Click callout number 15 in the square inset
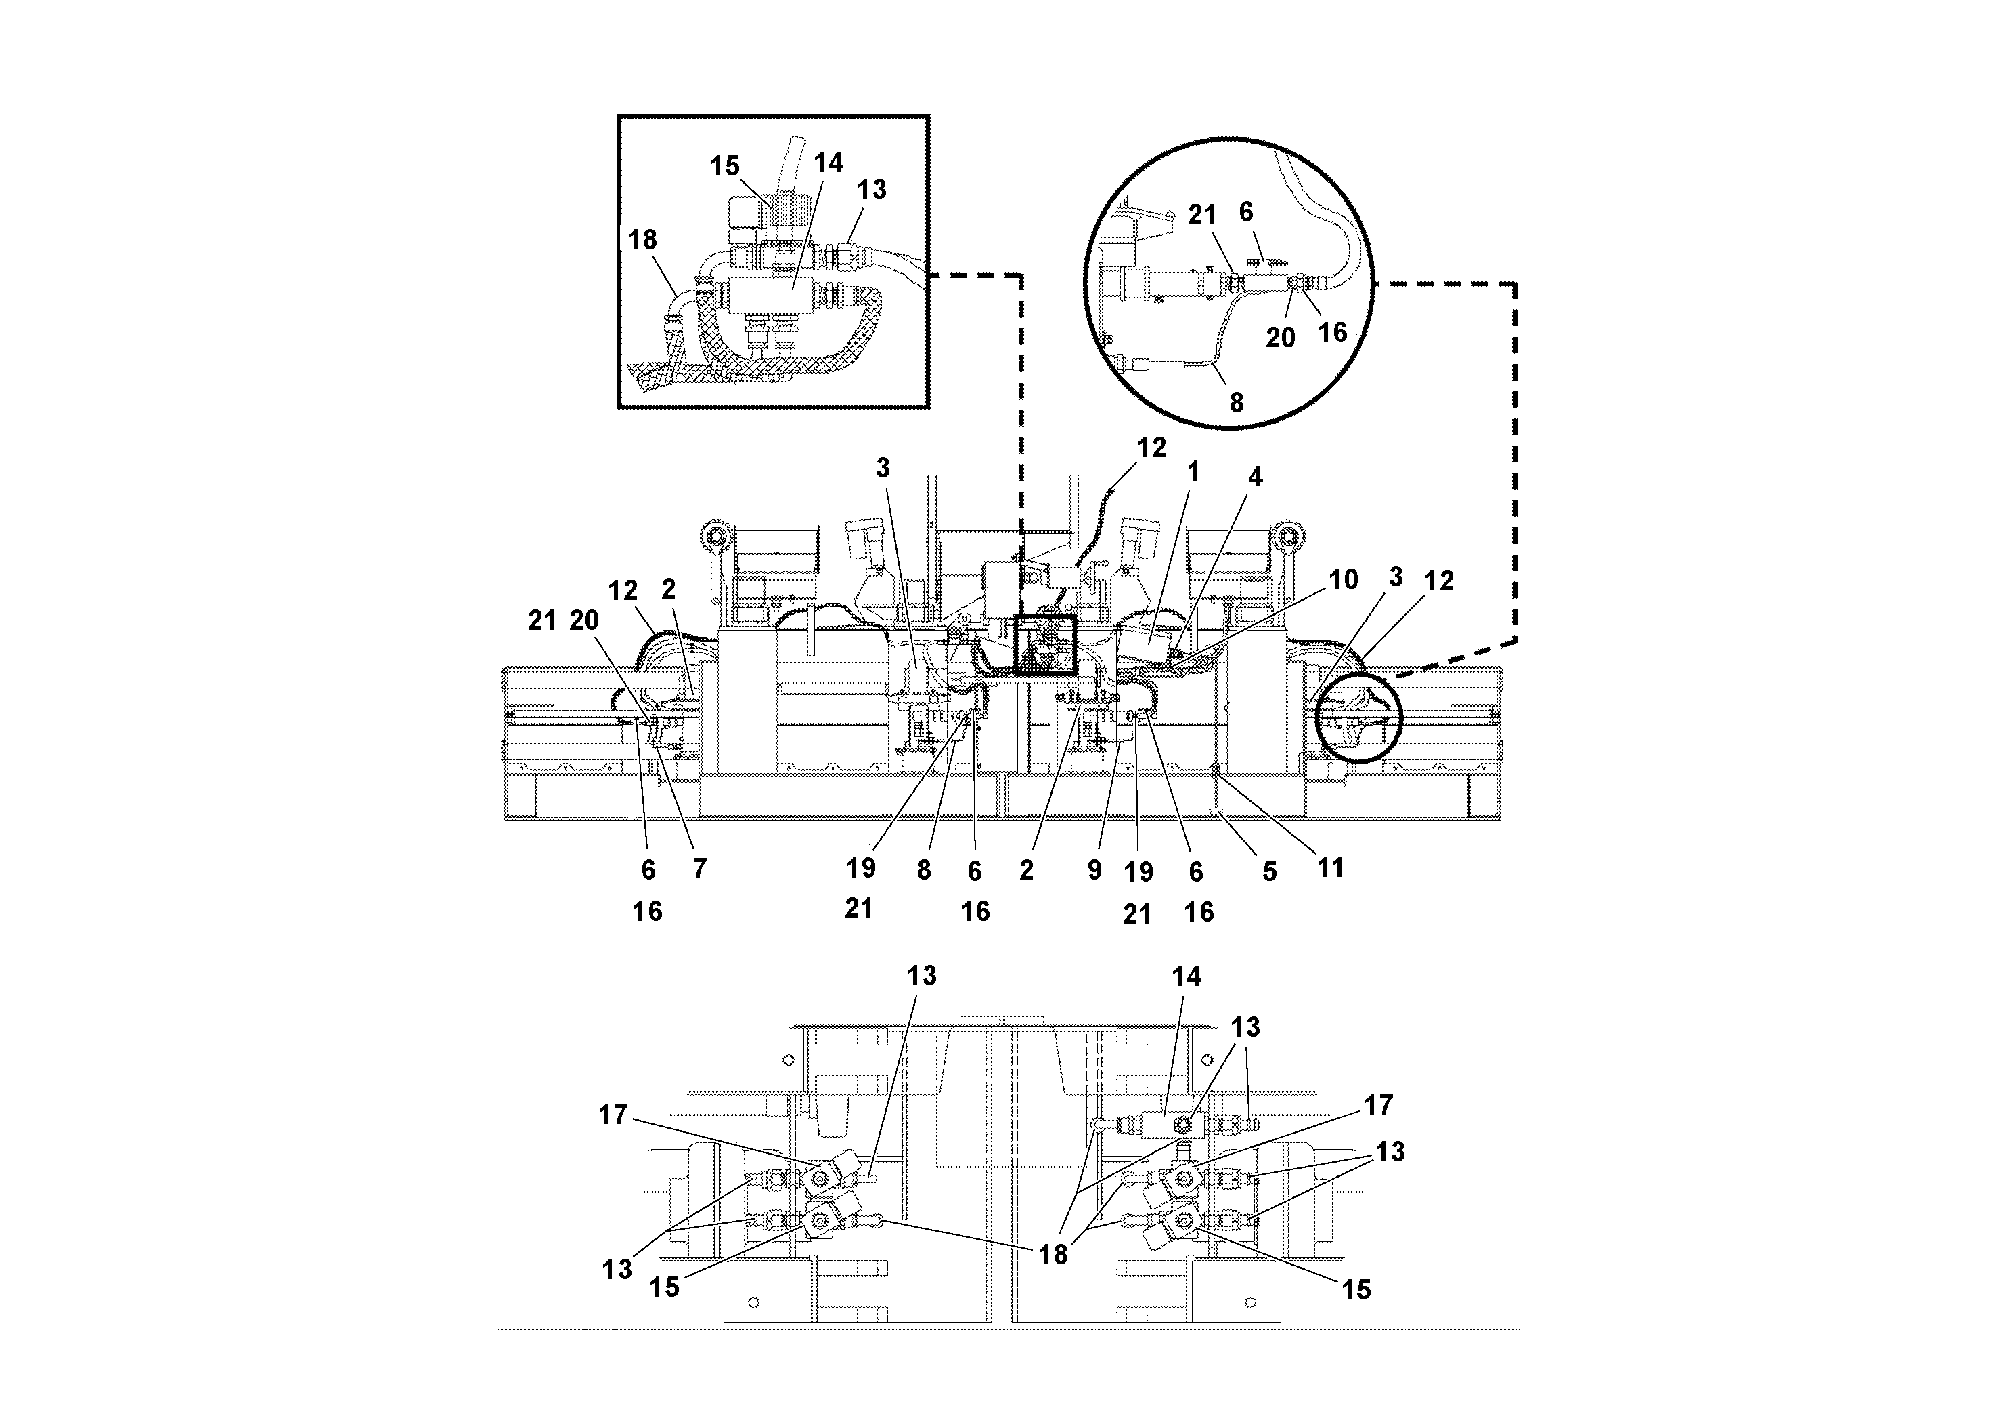click(x=724, y=166)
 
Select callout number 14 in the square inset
click(x=828, y=163)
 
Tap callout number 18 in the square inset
click(x=642, y=240)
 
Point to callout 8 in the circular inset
click(x=1236, y=403)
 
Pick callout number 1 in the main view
click(x=1193, y=473)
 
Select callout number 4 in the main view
click(x=1255, y=477)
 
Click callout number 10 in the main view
click(x=1343, y=580)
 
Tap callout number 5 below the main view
click(x=1269, y=871)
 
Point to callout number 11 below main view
click(x=1331, y=867)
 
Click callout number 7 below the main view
click(x=699, y=869)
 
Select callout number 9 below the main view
click(x=1094, y=870)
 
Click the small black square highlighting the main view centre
click(x=1044, y=645)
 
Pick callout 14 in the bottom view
click(x=1186, y=976)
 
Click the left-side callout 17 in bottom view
click(x=613, y=1115)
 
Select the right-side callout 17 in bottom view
click(x=1378, y=1104)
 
